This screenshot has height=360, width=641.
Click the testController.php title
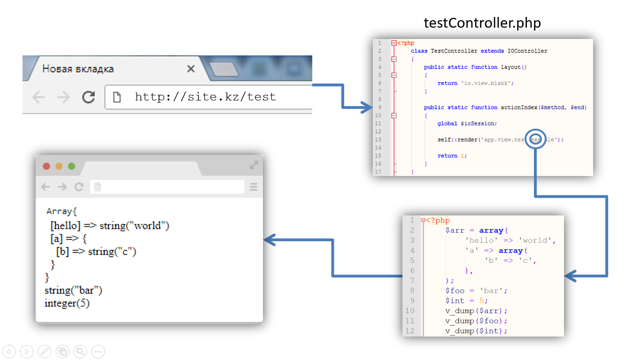482,23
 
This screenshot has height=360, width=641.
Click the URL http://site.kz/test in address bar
205,97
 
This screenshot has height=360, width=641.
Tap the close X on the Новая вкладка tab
191,69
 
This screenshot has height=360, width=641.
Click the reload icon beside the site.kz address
88,97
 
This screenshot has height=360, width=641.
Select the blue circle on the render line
535,139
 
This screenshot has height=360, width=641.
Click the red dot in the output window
46,166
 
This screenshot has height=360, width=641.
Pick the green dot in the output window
72,166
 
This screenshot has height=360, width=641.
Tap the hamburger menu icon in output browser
254,187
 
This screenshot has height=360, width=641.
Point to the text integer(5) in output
67,303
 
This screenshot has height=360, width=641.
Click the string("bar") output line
73,291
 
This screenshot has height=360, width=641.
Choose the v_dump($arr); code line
476,311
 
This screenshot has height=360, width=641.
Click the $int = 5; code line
466,300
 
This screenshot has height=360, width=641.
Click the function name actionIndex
519,107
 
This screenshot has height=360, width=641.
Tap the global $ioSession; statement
467,123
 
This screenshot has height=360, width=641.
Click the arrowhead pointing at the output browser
269,240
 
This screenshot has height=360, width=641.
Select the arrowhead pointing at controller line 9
368,107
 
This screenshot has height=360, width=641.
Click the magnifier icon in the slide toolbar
80,351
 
